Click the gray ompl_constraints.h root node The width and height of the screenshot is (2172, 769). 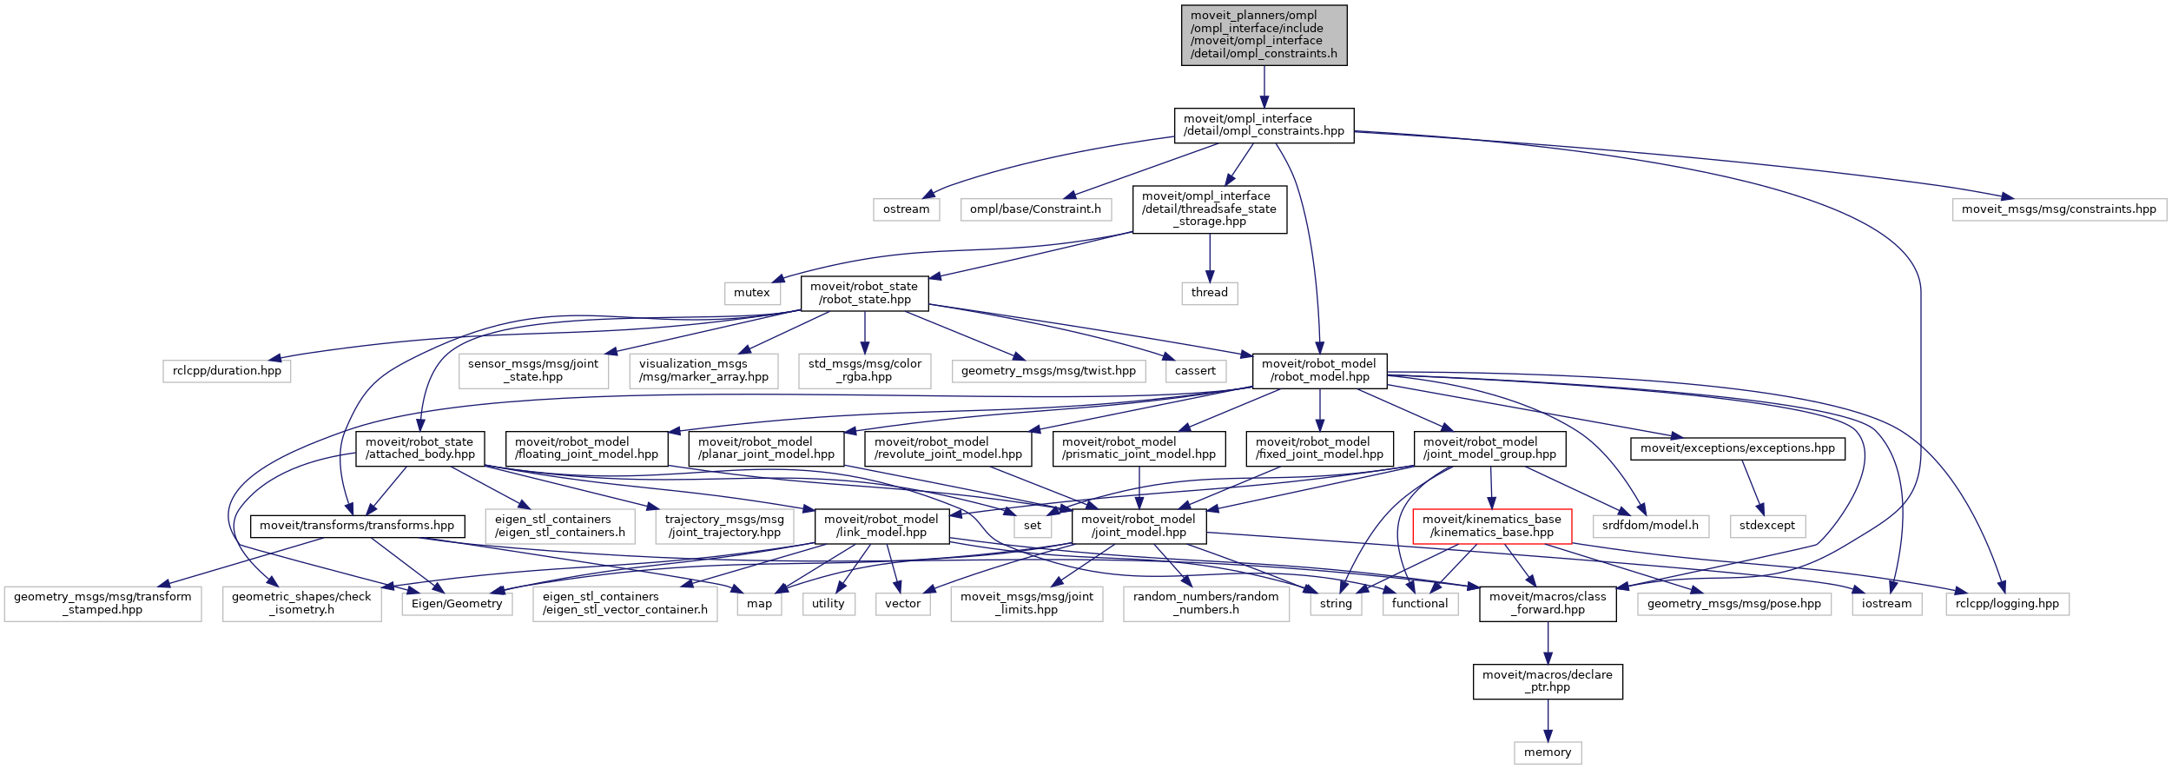1264,35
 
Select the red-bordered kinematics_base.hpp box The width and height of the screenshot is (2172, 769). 1491,526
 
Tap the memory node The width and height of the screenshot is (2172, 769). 1547,752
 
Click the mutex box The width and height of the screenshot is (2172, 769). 751,293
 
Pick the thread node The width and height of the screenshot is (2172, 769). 1209,293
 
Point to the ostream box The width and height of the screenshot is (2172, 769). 906,209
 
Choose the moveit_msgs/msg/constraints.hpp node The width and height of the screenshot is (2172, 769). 2058,209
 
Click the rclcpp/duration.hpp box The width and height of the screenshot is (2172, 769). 227,371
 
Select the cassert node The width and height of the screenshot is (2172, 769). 1195,371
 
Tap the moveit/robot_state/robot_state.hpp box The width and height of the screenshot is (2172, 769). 864,293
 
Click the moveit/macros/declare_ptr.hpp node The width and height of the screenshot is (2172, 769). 1547,681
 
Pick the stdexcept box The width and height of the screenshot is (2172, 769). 1766,526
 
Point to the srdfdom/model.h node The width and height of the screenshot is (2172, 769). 1650,526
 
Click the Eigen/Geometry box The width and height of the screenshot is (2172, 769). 457,604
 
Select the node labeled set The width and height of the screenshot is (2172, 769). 1032,526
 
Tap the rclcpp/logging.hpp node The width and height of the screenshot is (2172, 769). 2007,604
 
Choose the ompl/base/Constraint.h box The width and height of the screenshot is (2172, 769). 1035,209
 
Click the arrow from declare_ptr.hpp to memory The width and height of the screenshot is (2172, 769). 1547,719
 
